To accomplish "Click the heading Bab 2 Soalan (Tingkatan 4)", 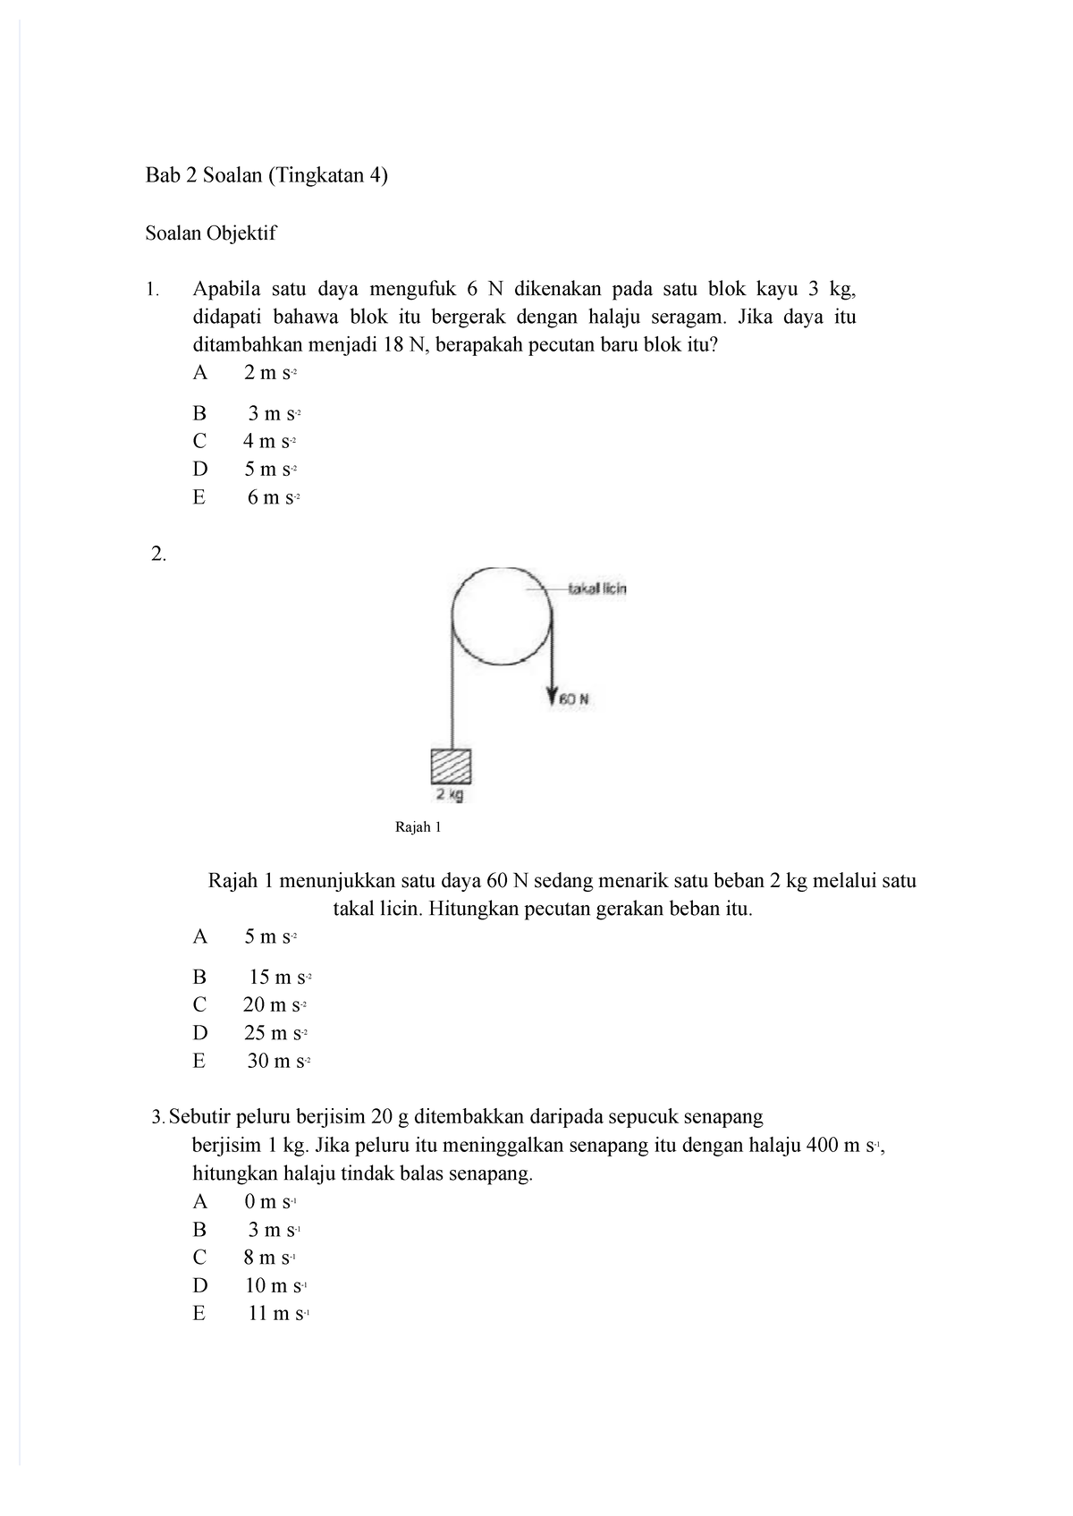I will [x=267, y=176].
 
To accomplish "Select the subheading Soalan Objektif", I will [x=211, y=233].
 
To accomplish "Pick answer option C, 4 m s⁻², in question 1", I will [x=268, y=441].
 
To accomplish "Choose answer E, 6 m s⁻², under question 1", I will [x=272, y=498].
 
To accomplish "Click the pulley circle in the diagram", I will [x=502, y=616].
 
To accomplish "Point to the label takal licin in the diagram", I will [x=596, y=589].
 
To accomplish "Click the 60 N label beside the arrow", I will [x=573, y=699].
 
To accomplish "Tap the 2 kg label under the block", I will [x=450, y=794].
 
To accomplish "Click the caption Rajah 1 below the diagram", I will [x=418, y=827].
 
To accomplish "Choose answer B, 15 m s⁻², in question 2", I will [x=280, y=978].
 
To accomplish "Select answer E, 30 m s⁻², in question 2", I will [x=279, y=1062].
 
